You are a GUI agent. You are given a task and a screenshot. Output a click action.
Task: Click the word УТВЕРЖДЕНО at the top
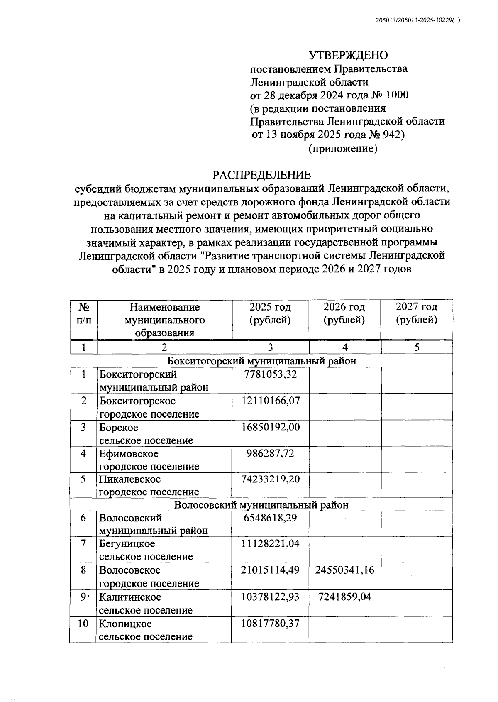(348, 55)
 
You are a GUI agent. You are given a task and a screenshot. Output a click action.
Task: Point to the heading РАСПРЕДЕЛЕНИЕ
(261, 175)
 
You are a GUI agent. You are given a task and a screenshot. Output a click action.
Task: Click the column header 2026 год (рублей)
(344, 313)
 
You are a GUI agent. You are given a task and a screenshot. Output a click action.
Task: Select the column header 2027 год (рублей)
(416, 313)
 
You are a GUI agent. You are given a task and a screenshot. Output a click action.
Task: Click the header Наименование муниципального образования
(164, 320)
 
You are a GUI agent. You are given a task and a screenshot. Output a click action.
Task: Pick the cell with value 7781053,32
(270, 374)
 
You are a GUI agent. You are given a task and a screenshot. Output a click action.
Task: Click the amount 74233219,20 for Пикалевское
(270, 479)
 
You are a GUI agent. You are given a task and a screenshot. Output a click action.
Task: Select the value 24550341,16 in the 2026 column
(344, 570)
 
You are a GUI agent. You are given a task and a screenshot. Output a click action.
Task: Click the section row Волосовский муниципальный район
(261, 505)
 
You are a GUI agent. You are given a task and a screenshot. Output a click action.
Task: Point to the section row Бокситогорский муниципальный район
(261, 361)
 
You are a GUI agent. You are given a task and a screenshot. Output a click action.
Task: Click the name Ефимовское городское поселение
(149, 460)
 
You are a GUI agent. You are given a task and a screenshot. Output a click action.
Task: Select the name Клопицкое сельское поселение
(145, 630)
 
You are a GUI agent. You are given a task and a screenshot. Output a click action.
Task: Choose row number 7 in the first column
(83, 543)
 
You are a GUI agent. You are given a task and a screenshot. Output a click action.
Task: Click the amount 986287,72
(270, 453)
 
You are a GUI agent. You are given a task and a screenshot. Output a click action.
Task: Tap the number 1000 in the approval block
(397, 95)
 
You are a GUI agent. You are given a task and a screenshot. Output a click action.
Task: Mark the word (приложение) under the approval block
(343, 148)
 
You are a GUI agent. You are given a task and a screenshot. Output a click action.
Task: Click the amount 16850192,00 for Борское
(270, 427)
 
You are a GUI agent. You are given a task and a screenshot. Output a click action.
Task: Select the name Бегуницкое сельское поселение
(145, 550)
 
